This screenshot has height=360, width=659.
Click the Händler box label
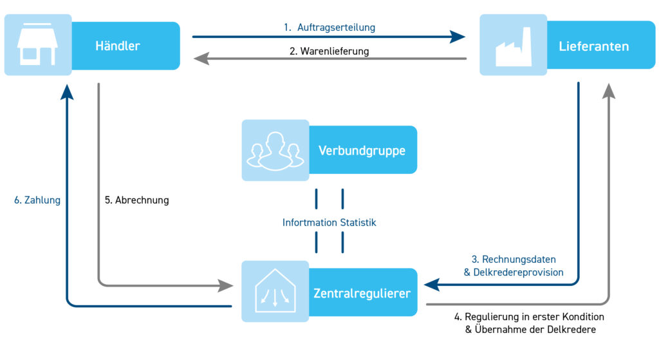(118, 46)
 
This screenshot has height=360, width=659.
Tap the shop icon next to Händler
(37, 45)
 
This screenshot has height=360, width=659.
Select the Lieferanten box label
(593, 46)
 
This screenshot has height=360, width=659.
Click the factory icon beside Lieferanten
(513, 46)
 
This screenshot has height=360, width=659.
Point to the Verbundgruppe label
(362, 151)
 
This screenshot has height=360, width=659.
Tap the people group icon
(275, 151)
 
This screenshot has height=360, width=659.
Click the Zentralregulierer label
(362, 293)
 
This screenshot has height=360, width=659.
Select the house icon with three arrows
(275, 291)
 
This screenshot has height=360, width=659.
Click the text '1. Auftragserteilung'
(329, 27)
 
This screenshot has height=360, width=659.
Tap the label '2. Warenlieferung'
(329, 52)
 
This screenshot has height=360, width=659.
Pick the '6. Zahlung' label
(37, 200)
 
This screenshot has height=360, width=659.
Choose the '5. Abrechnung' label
(137, 200)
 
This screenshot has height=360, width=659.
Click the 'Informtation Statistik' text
(329, 222)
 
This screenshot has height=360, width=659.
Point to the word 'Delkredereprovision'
(518, 272)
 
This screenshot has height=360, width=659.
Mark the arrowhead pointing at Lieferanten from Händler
(458, 37)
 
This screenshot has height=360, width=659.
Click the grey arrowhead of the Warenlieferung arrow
(201, 59)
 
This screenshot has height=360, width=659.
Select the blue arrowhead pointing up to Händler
(67, 91)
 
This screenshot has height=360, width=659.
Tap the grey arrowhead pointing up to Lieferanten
(609, 91)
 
